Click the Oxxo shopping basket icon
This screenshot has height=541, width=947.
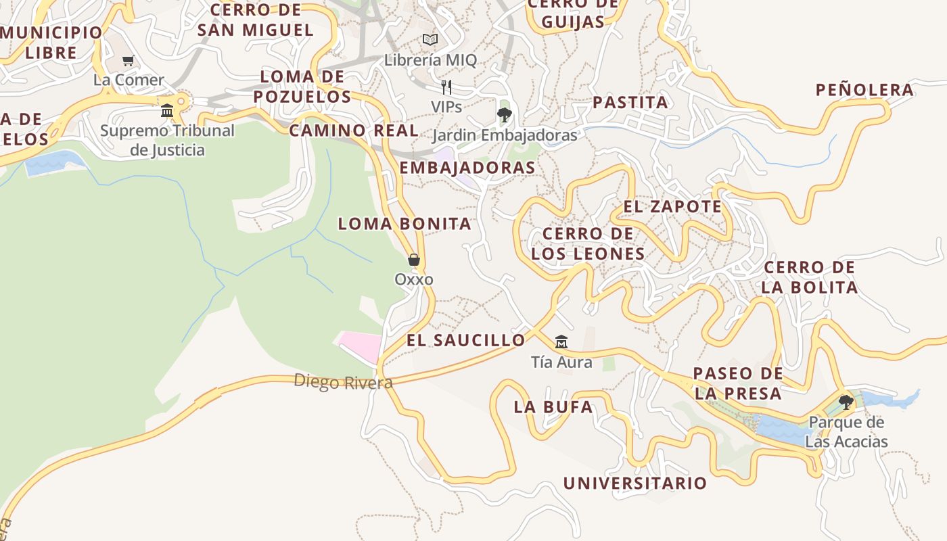pos(413,260)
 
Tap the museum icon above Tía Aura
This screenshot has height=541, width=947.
pos(561,342)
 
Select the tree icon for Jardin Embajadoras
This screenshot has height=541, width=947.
pos(504,114)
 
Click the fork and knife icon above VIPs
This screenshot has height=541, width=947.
pos(446,87)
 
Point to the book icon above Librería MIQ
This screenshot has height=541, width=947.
pos(430,39)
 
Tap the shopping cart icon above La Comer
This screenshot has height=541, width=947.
pos(129,60)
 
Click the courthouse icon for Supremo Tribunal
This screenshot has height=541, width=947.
pos(167,110)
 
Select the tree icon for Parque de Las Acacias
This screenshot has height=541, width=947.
pos(846,402)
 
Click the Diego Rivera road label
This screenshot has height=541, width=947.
pos(343,382)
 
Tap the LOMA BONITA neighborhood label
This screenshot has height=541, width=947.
pos(405,224)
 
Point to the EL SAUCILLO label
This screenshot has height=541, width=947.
pos(465,340)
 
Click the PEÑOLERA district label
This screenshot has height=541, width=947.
pos(864,90)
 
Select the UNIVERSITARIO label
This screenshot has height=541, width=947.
pos(635,484)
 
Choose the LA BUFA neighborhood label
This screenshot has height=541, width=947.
pos(553,407)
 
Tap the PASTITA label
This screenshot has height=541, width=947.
pos(630,103)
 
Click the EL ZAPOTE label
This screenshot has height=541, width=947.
pos(672,207)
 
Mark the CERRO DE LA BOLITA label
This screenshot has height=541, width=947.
pos(810,277)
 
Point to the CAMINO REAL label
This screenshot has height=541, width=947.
pos(354,131)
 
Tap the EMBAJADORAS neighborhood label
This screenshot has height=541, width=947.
pos(467,168)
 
